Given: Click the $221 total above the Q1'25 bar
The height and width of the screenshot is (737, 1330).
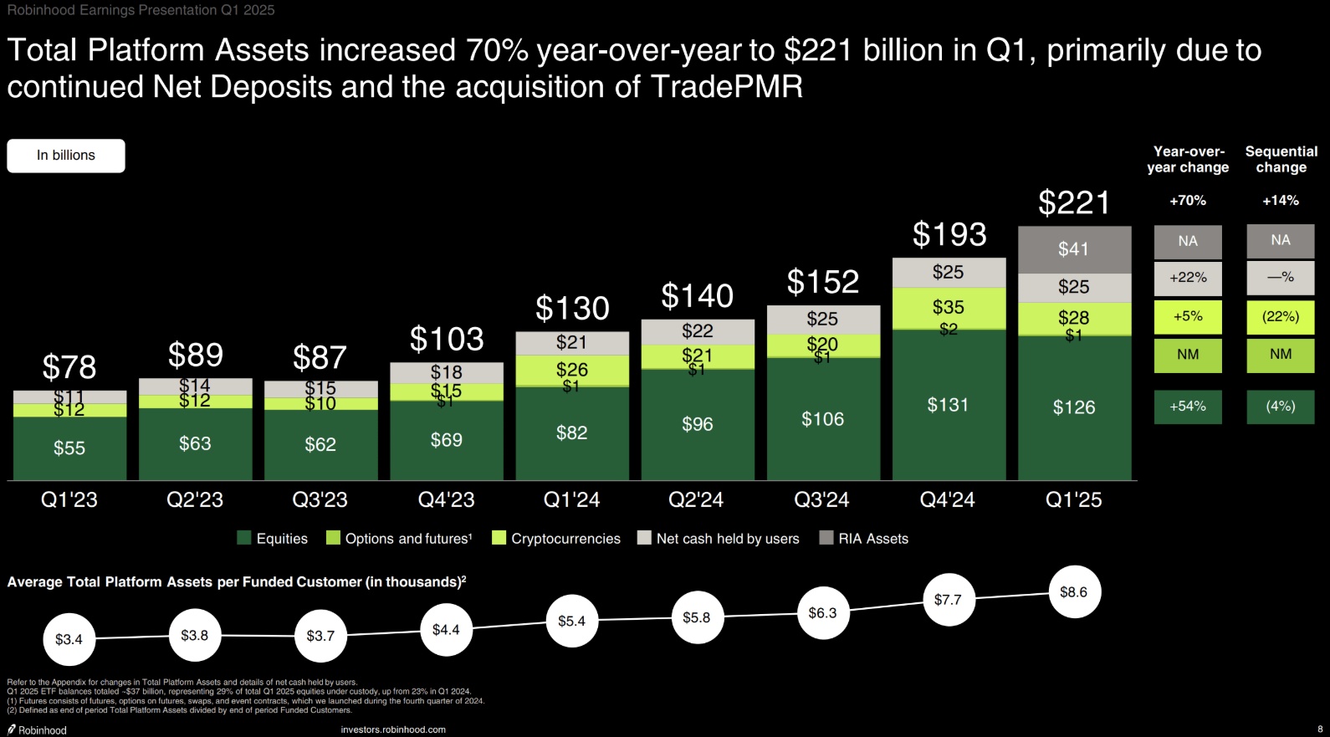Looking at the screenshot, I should tap(1074, 202).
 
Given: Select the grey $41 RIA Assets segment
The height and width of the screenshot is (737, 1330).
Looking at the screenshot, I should tap(1074, 249).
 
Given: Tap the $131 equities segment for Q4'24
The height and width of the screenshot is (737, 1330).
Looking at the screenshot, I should tap(949, 405).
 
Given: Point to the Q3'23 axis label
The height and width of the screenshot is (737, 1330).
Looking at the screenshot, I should tap(320, 500).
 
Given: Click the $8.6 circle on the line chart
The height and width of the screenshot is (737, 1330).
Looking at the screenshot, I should tap(1074, 592).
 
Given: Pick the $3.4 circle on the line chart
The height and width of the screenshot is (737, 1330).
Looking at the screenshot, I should tap(69, 639).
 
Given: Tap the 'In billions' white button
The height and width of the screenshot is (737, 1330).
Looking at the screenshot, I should tap(66, 156).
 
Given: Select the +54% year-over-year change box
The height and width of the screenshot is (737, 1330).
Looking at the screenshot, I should tap(1188, 407).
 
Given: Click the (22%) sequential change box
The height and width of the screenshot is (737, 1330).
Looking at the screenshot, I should tap(1280, 317).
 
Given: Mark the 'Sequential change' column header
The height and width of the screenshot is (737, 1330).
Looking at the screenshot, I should tap(1281, 159).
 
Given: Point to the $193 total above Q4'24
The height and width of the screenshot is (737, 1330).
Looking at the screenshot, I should tap(949, 235).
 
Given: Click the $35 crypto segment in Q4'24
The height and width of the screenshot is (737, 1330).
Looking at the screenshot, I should tap(949, 307).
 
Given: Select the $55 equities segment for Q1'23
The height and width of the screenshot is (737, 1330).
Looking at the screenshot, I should tap(69, 448).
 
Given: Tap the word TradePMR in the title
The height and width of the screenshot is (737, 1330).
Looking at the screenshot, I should tap(726, 87).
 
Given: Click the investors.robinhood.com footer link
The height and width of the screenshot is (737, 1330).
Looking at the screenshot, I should tap(393, 729).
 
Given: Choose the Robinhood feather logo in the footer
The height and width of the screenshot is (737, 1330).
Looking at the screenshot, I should tap(12, 729).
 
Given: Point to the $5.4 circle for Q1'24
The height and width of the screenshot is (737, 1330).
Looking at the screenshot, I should tap(572, 621).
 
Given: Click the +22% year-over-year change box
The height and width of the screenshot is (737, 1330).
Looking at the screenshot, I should tap(1188, 278).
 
